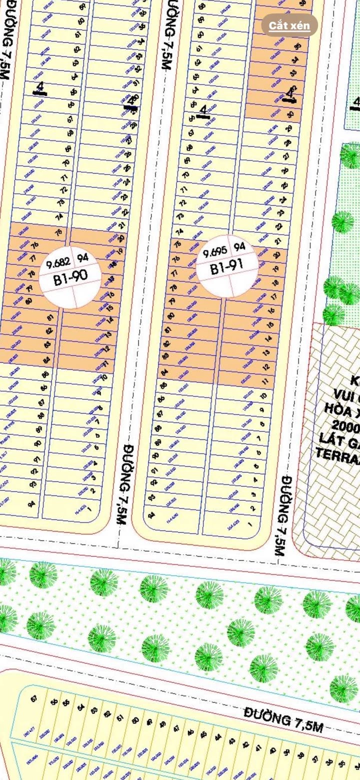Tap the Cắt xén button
(x=289, y=25)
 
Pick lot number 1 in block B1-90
(x=90, y=509)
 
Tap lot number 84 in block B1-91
(x=163, y=372)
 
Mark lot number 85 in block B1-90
(x=45, y=374)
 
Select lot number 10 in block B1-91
(x=263, y=396)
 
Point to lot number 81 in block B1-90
(x=49, y=318)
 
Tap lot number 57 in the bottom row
(x=34, y=698)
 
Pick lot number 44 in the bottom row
(x=218, y=737)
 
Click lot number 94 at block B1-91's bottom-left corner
(x=151, y=514)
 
